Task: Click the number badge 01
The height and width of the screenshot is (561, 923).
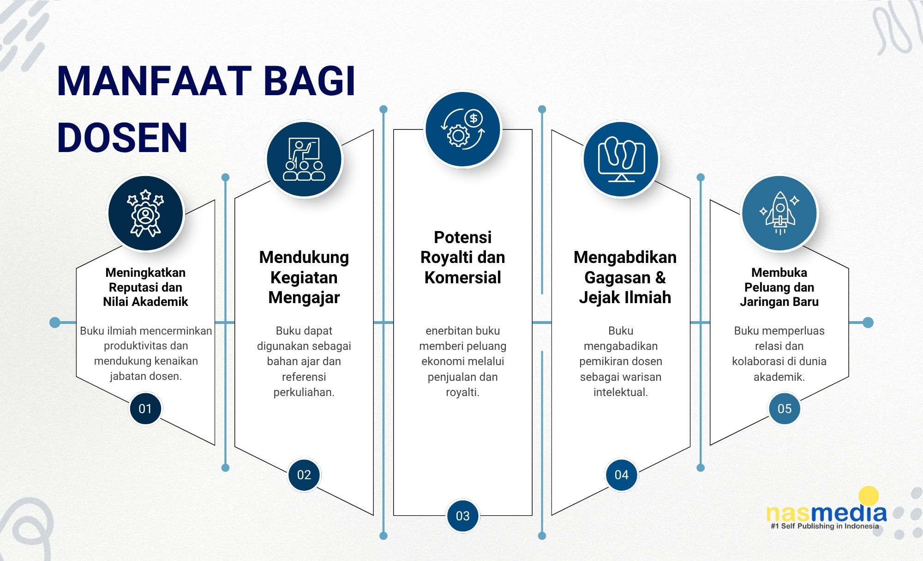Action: coord(145,409)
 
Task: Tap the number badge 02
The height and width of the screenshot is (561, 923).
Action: coord(304,475)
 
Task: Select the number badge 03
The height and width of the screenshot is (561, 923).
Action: coord(462,516)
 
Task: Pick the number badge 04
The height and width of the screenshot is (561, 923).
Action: coord(621,475)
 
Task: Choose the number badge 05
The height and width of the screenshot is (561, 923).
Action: coord(785,409)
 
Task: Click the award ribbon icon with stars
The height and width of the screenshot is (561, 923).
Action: coord(145,213)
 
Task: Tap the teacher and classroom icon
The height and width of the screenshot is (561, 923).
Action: coord(304,159)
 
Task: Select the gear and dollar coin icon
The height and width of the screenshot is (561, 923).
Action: coord(462,129)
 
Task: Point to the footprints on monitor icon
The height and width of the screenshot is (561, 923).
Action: coord(621,159)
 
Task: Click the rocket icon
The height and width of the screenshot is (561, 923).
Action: coord(779,213)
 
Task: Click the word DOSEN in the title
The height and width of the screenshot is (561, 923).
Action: coord(122,138)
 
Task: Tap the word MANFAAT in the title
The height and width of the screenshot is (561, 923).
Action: coord(154,81)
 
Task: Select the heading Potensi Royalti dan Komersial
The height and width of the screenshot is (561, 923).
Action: coord(462,257)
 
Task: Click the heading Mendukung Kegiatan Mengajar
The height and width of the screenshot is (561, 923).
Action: coord(304,277)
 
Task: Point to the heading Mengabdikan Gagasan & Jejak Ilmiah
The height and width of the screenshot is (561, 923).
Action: coord(625,277)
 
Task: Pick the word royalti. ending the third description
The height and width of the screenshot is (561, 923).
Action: coord(462,392)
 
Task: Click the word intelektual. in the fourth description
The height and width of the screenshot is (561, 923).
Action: coord(621,392)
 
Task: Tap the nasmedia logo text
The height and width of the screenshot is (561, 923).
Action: coord(827,513)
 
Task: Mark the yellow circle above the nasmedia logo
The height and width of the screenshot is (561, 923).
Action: coord(869,495)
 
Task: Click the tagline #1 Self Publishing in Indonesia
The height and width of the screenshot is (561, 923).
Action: coord(825,526)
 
